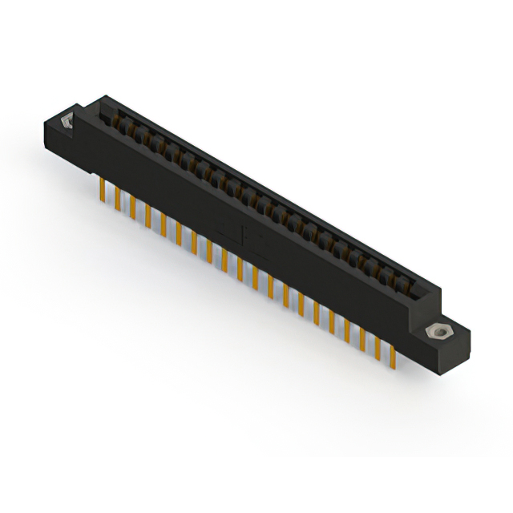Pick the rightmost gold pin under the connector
(393, 353)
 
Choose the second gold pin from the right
(378, 345)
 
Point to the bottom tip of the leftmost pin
(103, 200)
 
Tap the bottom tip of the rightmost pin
(393, 366)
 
